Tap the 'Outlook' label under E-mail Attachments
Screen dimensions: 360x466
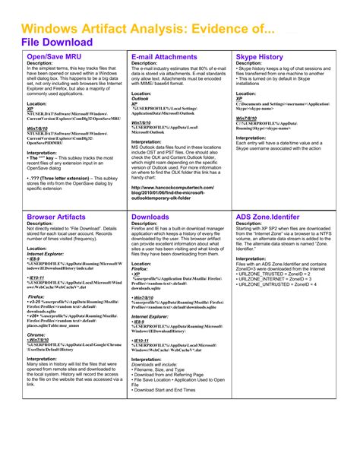pos(141,98)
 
